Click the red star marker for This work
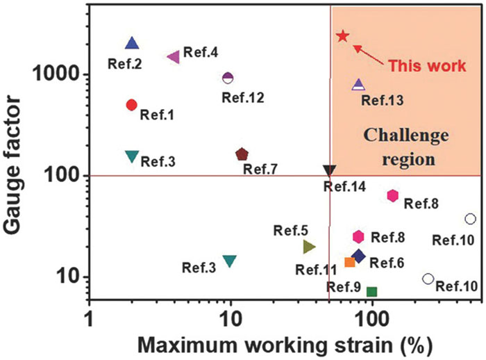342,35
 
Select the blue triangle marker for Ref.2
133,44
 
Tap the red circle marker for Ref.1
132,105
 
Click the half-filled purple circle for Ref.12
228,77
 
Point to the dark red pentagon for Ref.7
242,154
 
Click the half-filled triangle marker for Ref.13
358,85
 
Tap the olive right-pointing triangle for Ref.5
309,246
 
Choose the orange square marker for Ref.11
350,262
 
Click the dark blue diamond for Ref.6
359,256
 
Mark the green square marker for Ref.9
372,292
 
